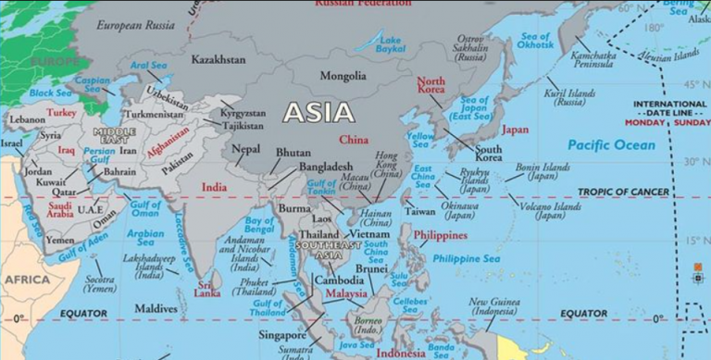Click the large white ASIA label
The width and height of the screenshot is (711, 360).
click(x=318, y=113)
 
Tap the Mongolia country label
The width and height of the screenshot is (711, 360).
click(x=343, y=76)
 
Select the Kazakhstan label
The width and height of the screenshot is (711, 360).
click(x=218, y=59)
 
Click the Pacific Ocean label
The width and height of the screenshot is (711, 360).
click(x=611, y=145)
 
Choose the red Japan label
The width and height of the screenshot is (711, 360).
click(x=516, y=130)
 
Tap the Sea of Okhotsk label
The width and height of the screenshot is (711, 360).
click(x=535, y=41)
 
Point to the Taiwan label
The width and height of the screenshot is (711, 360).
click(x=419, y=212)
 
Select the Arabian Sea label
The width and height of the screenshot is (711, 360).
click(x=145, y=239)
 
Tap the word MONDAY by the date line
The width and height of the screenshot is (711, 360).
click(x=644, y=122)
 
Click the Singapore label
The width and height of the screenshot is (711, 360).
click(x=283, y=334)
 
